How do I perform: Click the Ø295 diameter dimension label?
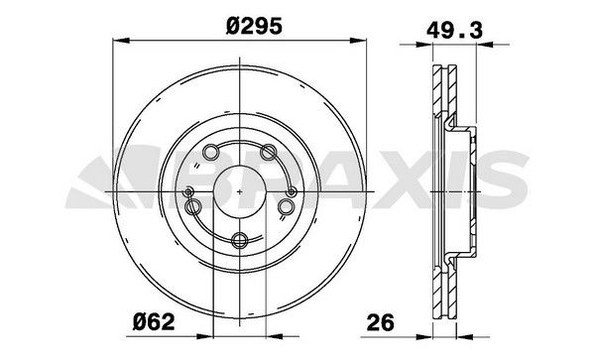click(x=254, y=27)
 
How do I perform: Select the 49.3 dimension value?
click(x=454, y=31)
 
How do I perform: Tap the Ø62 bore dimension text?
click(x=154, y=322)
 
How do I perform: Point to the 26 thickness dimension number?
click(x=381, y=323)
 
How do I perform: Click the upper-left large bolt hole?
click(x=211, y=152)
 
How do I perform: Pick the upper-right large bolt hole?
click(x=268, y=152)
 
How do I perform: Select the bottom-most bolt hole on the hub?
click(x=240, y=240)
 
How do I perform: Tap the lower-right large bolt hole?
click(x=286, y=207)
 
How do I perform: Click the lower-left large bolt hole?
click(x=192, y=207)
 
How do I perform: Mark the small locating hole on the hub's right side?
click(x=292, y=192)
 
